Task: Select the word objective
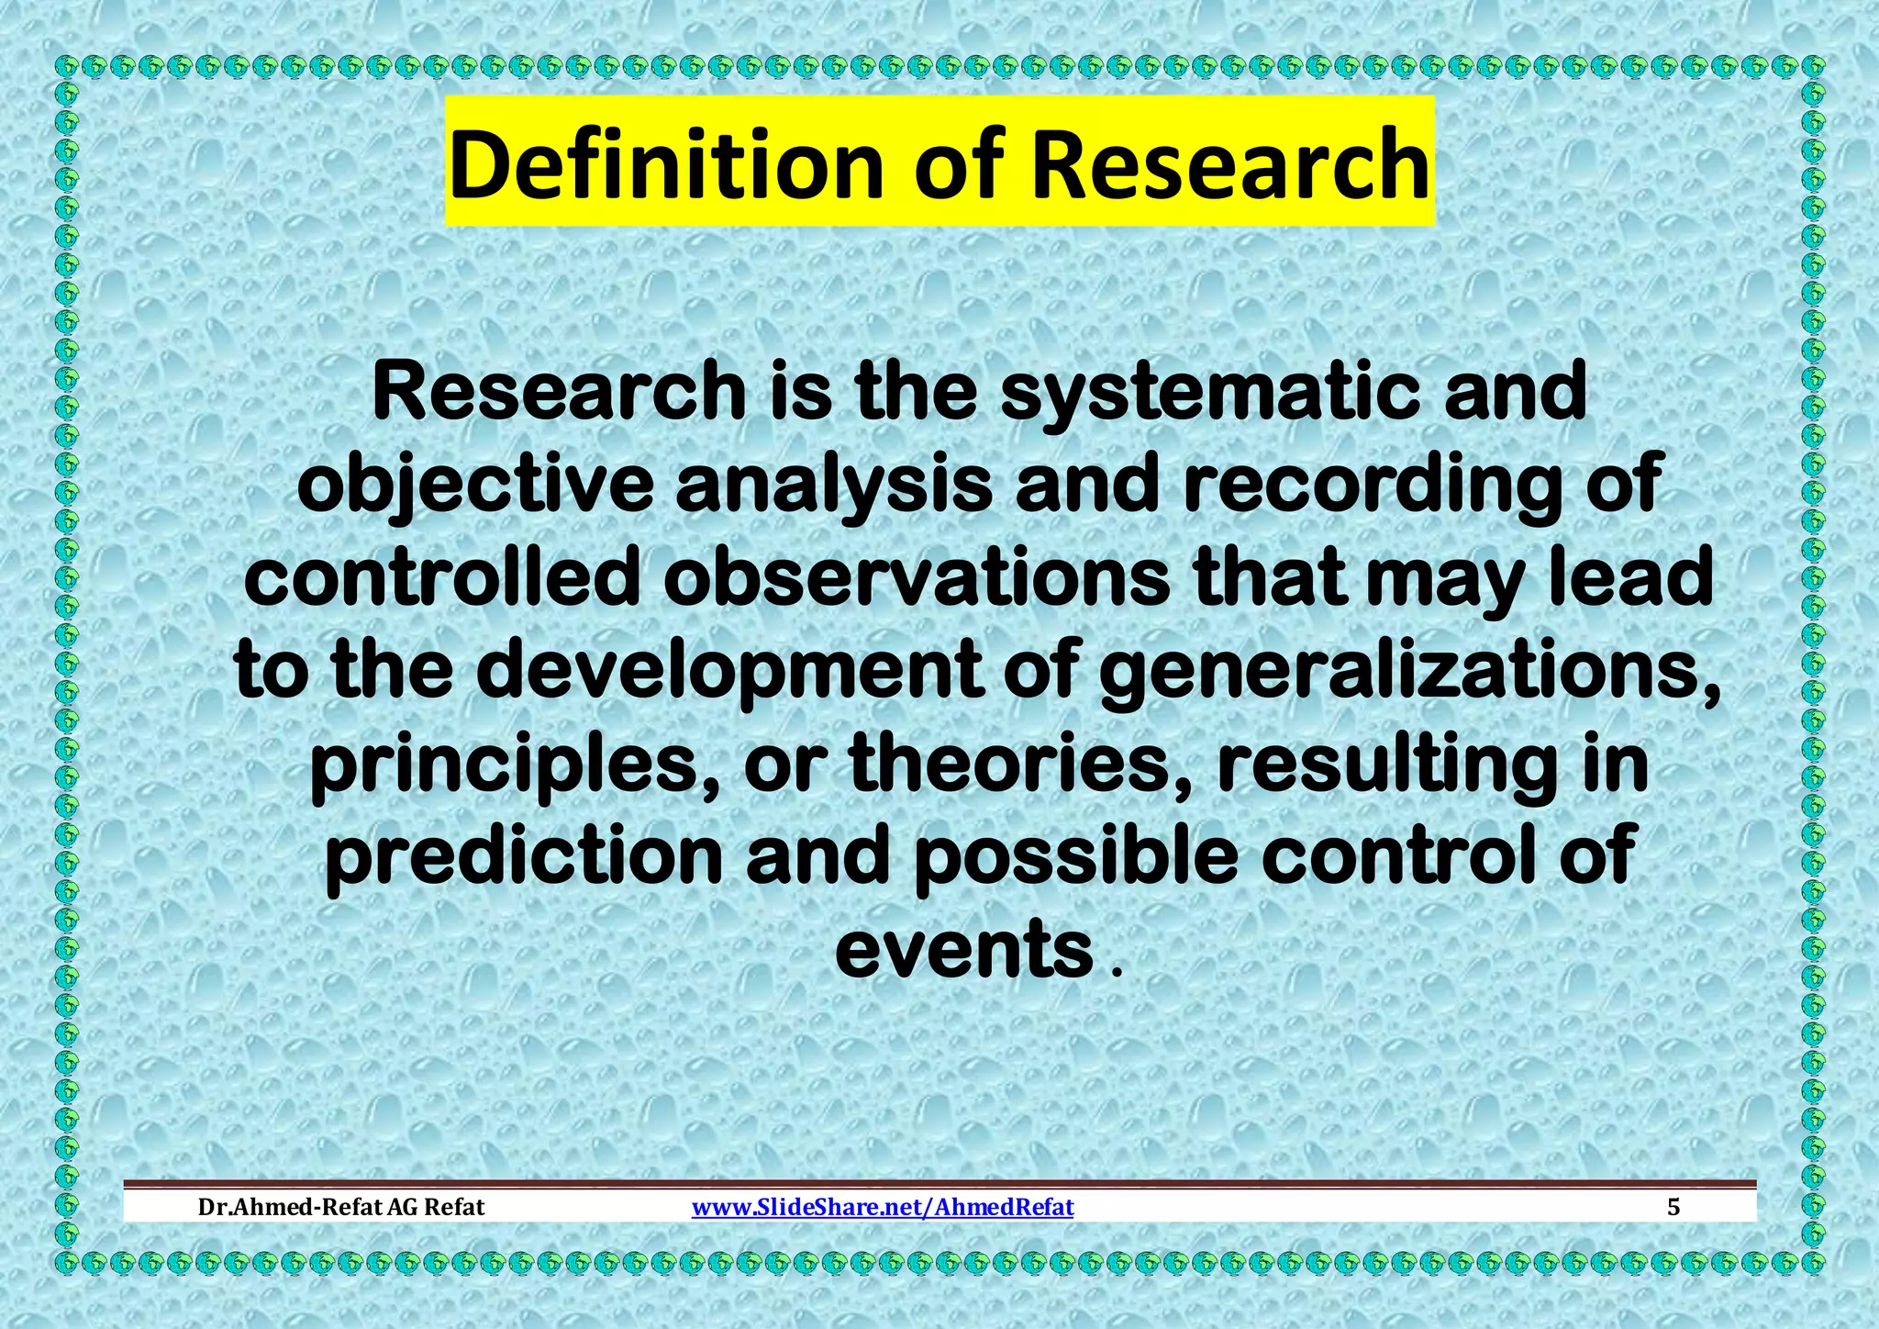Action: coord(474,486)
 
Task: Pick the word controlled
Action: coord(441,579)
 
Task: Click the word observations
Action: coord(917,579)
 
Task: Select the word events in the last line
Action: coord(963,951)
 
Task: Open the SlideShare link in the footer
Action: coord(882,1207)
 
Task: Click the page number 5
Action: coord(1673,1207)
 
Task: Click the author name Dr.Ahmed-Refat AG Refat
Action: coord(341,1207)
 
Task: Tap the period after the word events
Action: coord(1116,971)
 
